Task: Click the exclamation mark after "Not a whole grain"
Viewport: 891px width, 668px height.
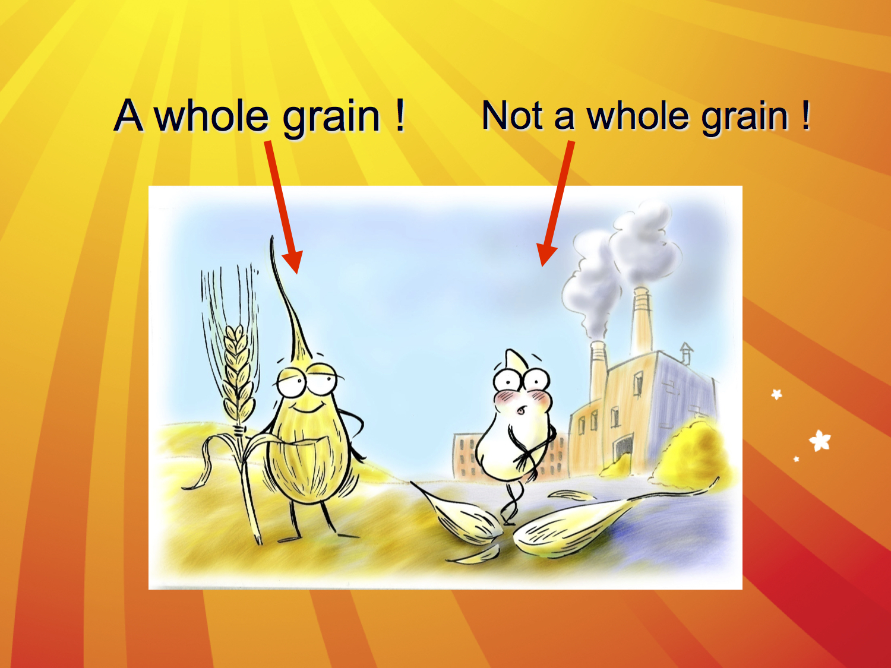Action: point(805,115)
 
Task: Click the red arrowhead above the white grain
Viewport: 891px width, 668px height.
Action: point(546,254)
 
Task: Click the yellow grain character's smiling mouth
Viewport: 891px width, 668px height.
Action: point(308,408)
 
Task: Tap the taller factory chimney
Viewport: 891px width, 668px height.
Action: point(642,321)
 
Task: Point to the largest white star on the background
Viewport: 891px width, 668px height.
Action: point(820,441)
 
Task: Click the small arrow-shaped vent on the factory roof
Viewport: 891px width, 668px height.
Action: point(686,353)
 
